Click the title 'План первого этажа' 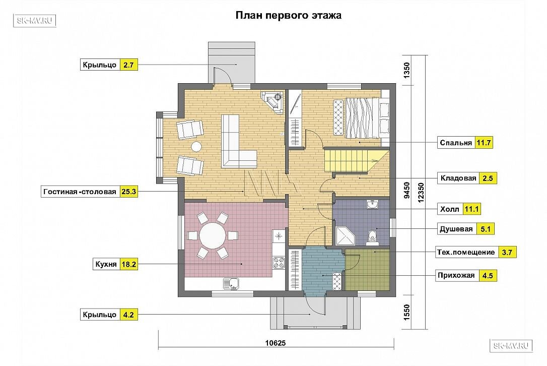point(289,16)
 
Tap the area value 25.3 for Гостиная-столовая point(129,192)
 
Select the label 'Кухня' point(106,264)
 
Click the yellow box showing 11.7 point(484,143)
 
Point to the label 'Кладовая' point(458,178)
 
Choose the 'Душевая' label point(456,229)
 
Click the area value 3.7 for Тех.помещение point(507,252)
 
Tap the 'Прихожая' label point(456,276)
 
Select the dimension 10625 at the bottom point(276,343)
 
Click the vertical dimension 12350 point(421,193)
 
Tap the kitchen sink point(231,283)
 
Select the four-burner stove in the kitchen point(279,263)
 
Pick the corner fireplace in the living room point(274,102)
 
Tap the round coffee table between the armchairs point(196,146)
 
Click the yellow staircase point(353,161)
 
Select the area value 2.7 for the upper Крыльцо point(129,65)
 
